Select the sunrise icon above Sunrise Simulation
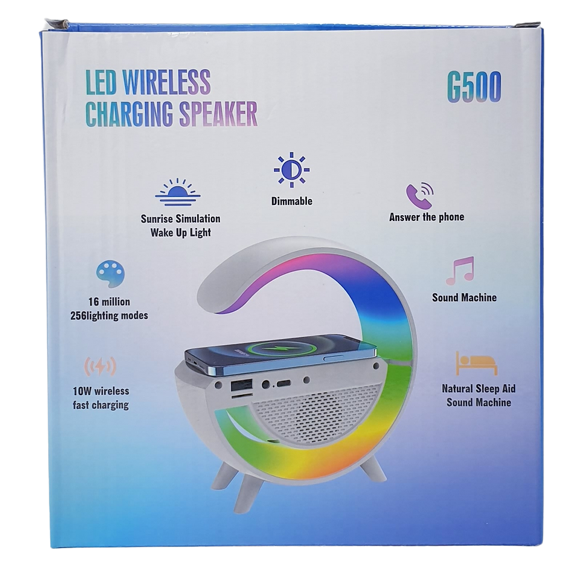[x=176, y=189]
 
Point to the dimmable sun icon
[x=291, y=169]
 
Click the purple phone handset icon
[x=420, y=192]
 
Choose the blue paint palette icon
[x=110, y=274]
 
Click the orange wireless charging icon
[x=102, y=366]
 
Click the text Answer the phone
[x=426, y=218]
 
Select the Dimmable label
[x=291, y=201]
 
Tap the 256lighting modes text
[x=108, y=316]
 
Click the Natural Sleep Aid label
[x=478, y=389]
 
